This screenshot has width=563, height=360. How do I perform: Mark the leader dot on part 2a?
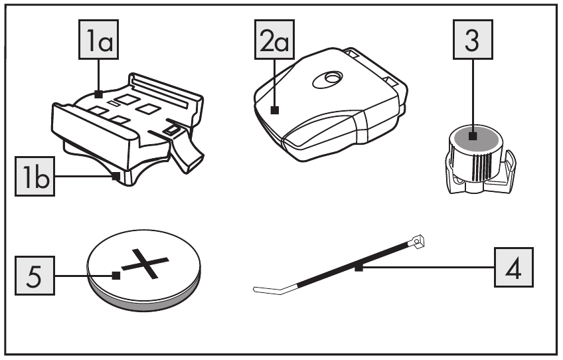click(x=275, y=111)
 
